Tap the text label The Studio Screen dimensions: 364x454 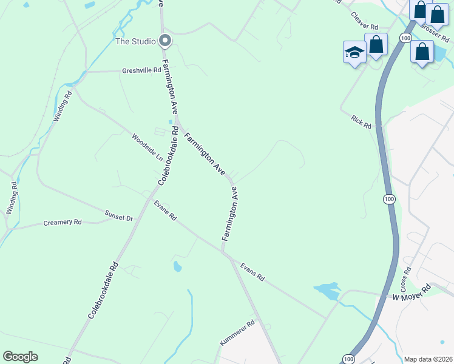[x=135, y=42]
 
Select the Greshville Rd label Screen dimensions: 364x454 [x=141, y=70]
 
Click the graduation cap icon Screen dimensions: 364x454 [x=354, y=53]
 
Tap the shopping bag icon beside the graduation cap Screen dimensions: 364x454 [x=376, y=45]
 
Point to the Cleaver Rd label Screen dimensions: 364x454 [x=365, y=23]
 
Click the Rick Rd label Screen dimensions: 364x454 [x=361, y=121]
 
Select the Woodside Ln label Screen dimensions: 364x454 [x=147, y=147]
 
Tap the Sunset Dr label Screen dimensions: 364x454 [x=120, y=215]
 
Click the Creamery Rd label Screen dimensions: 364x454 [x=63, y=223]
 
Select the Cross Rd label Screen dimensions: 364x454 [x=406, y=278]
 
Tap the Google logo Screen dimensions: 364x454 [x=20, y=357]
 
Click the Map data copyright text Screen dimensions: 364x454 [x=428, y=359]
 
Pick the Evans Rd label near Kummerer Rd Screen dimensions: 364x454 [x=252, y=271]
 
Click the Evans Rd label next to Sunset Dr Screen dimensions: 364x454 [x=165, y=210]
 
